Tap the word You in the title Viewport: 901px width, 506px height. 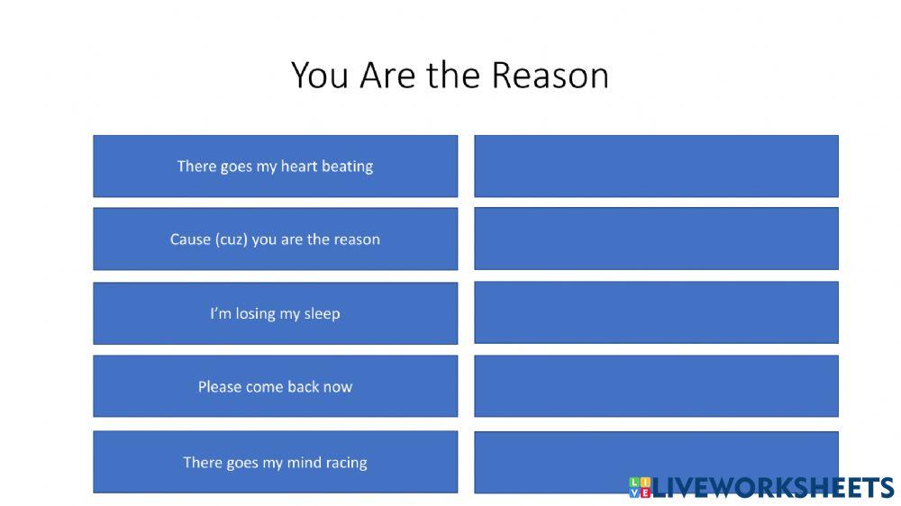321,75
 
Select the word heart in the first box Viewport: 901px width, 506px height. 299,166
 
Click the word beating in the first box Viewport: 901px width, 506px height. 347,166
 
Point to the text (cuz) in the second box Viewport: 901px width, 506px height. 229,239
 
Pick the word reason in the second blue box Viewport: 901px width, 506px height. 357,239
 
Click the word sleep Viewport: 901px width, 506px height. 322,313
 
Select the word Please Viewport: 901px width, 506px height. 220,387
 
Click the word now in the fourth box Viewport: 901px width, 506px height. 338,387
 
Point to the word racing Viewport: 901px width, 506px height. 345,463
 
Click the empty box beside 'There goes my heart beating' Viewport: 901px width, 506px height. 656,166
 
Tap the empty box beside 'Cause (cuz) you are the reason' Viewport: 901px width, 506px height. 656,239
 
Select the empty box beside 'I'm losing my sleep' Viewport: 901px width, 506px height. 656,312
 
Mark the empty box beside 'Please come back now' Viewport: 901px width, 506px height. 656,386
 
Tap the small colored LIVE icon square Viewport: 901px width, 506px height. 639,487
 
